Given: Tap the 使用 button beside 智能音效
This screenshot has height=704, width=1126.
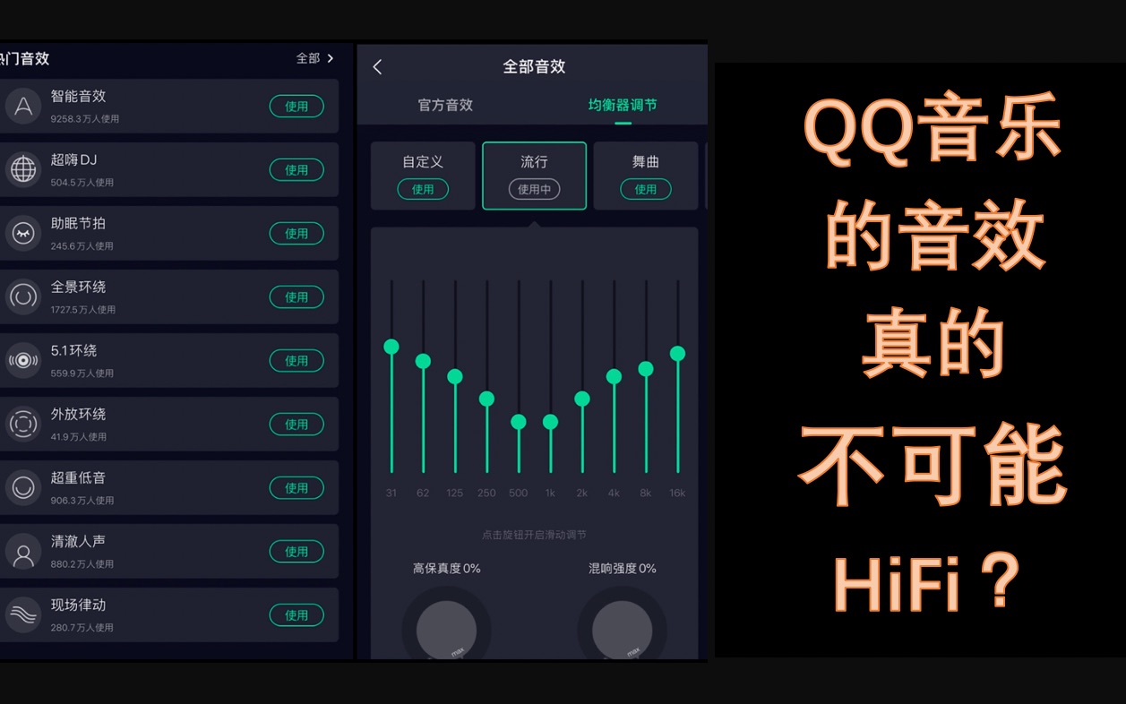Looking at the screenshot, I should (x=297, y=107).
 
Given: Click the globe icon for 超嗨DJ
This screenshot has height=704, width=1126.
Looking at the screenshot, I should (x=23, y=169).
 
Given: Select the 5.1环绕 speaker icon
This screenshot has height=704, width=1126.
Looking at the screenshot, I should (x=23, y=360).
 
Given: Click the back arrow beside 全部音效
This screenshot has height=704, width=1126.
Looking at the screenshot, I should (x=377, y=67).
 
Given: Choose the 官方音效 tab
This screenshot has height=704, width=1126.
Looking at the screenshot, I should (x=445, y=106).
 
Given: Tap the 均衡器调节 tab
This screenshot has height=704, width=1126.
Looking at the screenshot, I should (x=623, y=106).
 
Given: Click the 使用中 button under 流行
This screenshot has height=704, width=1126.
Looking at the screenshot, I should (x=534, y=190).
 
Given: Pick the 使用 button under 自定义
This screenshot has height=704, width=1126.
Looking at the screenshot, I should (x=423, y=190).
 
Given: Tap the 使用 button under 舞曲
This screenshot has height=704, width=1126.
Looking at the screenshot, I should (x=645, y=190).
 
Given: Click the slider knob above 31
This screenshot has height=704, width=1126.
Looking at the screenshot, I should (x=391, y=347).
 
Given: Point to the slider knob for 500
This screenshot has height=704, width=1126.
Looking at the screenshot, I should (x=519, y=422).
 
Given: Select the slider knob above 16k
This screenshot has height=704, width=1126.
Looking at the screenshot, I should (x=677, y=354).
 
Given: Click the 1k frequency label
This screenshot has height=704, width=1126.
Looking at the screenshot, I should (x=550, y=493).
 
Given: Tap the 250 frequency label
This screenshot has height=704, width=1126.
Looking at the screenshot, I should (x=486, y=493).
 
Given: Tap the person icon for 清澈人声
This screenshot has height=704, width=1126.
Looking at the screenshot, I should (x=23, y=552).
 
